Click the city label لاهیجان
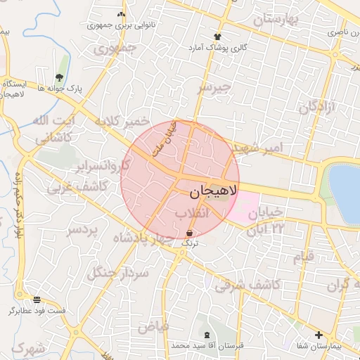pyautogui.click(x=214, y=191)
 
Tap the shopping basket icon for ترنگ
pyautogui.click(x=190, y=233)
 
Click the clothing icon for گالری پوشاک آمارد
pyautogui.click(x=217, y=37)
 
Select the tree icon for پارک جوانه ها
pyautogui.click(x=58, y=77)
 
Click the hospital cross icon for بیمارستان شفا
pyautogui.click(x=319, y=335)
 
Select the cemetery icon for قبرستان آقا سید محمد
pyautogui.click(x=206, y=335)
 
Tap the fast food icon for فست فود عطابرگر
pyautogui.click(x=37, y=300)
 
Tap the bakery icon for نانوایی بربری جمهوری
pyautogui.click(x=122, y=13)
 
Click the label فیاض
pyautogui.click(x=153, y=327)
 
